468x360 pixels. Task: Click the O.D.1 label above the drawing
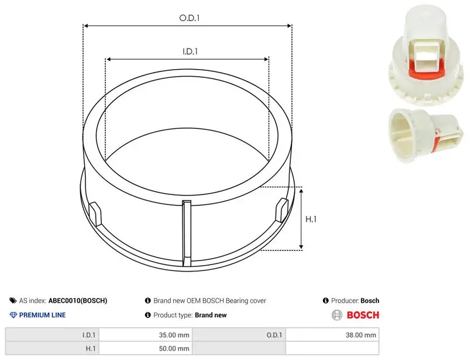click(189, 18)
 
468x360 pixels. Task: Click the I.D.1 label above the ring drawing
click(190, 52)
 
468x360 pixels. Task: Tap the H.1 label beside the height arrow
click(311, 220)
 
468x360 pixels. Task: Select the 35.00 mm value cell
click(146, 335)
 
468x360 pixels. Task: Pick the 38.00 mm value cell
click(332, 335)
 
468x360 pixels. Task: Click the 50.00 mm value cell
click(146, 348)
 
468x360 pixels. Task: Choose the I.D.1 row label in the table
click(52, 335)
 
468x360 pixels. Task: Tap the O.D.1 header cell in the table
click(239, 335)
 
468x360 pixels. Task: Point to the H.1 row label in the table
click(52, 348)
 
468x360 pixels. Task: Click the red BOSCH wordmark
click(363, 315)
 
